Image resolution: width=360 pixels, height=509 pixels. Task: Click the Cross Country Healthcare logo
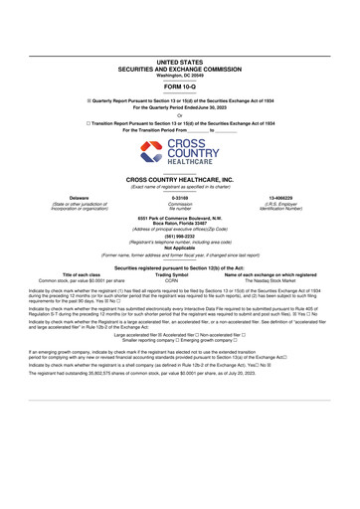pyautogui.click(x=180, y=155)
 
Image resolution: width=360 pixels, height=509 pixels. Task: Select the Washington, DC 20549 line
pyautogui.click(x=180, y=46)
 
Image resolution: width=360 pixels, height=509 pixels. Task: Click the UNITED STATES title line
pyautogui.click(x=180, y=33)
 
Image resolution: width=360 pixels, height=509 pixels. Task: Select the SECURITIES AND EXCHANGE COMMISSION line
pyautogui.click(x=180, y=40)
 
